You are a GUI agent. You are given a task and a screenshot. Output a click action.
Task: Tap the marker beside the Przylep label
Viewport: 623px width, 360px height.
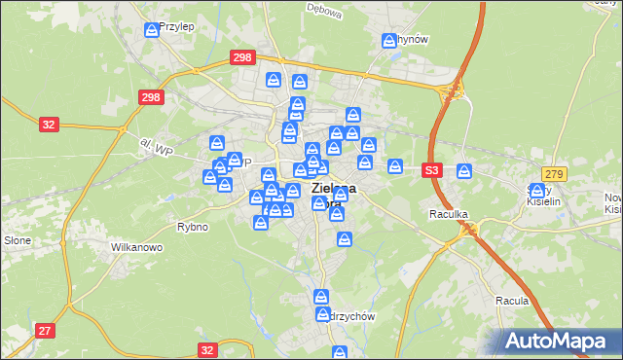(151, 31)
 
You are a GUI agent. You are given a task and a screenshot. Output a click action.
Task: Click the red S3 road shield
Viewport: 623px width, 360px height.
(432, 170)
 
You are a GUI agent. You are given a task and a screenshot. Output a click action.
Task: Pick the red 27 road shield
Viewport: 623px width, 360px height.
(45, 331)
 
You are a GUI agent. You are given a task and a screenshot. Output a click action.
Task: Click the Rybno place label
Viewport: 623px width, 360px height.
(189, 227)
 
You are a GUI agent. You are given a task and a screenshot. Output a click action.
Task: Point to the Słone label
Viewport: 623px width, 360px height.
(18, 239)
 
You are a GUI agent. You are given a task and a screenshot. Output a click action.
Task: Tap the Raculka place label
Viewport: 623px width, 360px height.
(450, 212)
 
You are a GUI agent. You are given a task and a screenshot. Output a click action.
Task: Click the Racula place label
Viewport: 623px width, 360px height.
(511, 301)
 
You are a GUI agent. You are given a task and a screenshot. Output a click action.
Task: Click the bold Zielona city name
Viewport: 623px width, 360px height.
(332, 188)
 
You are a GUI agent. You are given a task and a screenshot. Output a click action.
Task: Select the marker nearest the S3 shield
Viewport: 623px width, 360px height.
(464, 171)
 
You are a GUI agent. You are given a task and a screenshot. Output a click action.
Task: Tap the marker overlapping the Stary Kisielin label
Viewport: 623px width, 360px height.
(536, 191)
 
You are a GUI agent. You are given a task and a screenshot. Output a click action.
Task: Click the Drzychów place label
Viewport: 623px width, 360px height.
(354, 316)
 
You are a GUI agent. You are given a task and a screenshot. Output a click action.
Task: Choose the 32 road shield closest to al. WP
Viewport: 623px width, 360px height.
(50, 124)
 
